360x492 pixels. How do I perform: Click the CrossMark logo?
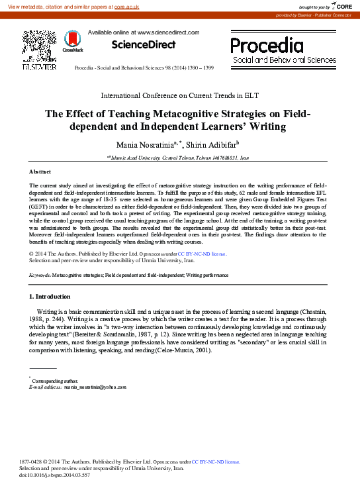coord(72,43)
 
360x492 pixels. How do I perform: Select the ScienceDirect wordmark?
coord(144,44)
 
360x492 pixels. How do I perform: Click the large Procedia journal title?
coord(266,45)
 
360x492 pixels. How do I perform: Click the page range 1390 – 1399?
coord(199,68)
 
